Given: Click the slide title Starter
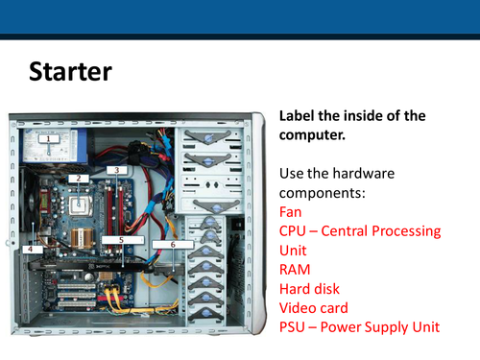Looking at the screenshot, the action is (x=70, y=71).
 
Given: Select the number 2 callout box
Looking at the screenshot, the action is (x=78, y=178).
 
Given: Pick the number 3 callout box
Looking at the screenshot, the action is (x=117, y=170).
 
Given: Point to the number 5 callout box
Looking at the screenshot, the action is (x=121, y=238).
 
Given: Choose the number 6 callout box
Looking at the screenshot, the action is (x=172, y=245).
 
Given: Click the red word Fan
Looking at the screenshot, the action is (x=291, y=211).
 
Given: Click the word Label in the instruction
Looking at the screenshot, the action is (x=299, y=116).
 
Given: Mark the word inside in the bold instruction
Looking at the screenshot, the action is (x=363, y=116).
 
